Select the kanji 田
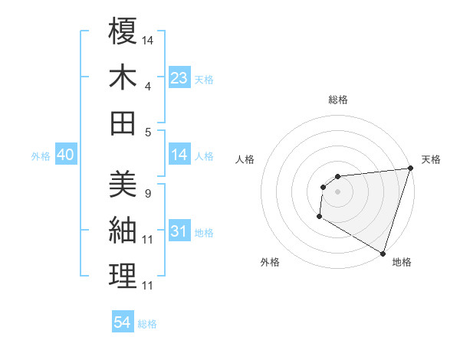point(123,123)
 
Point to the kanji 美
point(123,184)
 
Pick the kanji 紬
point(123,230)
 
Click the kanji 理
point(123,277)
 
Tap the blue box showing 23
point(179,77)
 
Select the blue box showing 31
point(179,231)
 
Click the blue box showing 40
point(65,155)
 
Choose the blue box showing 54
point(123,322)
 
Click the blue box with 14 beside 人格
point(179,155)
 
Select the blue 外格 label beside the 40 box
point(41,156)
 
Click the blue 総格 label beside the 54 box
point(147,324)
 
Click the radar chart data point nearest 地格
point(383,254)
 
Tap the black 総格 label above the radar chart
point(337,100)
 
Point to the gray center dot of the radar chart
point(337,191)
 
